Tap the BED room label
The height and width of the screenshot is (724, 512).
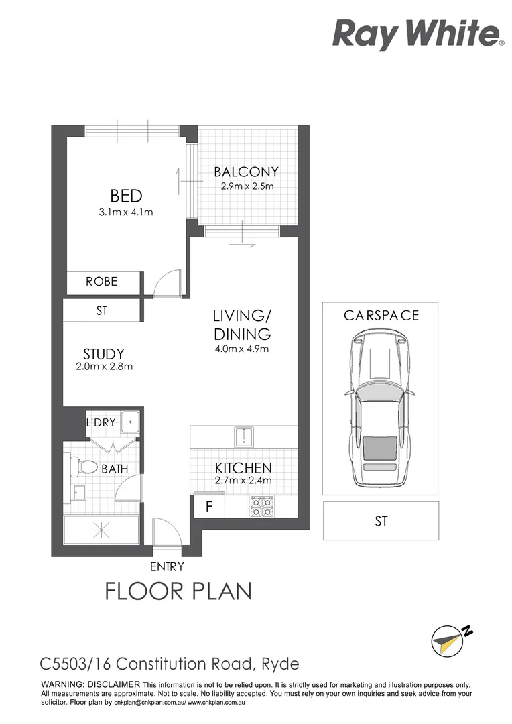[x=126, y=196]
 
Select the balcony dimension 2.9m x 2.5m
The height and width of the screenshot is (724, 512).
[x=247, y=186]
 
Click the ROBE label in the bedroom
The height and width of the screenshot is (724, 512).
[x=101, y=282]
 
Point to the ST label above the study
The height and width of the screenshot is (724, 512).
[x=101, y=311]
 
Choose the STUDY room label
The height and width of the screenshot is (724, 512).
[x=104, y=354]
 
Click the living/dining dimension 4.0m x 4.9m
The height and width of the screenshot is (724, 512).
[x=242, y=349]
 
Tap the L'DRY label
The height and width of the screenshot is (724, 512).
[x=101, y=422]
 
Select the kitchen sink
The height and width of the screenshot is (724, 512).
[x=244, y=437]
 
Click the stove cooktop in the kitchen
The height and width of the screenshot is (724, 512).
[x=261, y=507]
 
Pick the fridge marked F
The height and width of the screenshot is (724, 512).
[x=208, y=507]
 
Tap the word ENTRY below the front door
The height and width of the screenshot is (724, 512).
[x=167, y=566]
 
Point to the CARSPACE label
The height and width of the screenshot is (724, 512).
[x=381, y=315]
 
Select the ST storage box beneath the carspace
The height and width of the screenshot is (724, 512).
[x=381, y=521]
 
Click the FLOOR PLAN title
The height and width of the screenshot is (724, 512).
[x=178, y=591]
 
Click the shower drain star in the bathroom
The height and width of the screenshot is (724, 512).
[x=102, y=530]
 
